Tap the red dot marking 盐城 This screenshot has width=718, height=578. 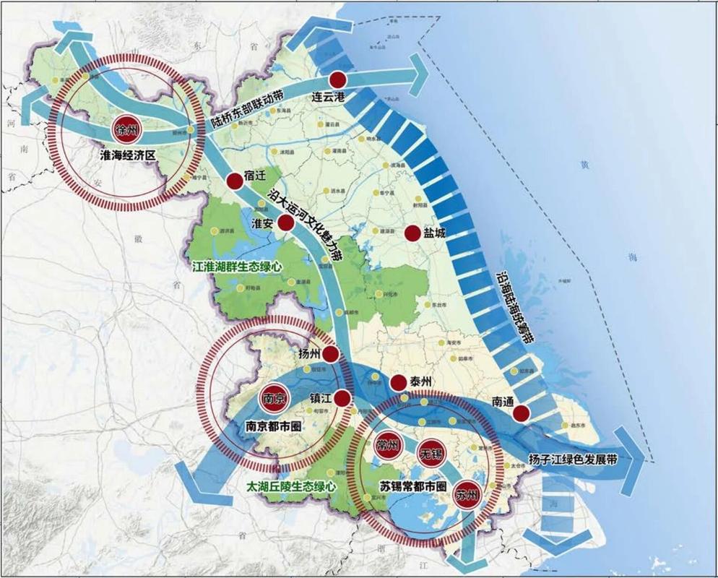click(x=412, y=233)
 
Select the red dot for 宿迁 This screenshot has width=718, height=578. click(x=233, y=181)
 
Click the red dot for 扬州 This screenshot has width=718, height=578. click(x=330, y=353)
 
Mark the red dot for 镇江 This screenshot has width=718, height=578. click(x=342, y=397)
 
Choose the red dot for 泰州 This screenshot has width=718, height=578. click(x=398, y=382)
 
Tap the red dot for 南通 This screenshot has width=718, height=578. click(x=521, y=413)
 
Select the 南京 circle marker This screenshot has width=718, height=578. click(x=274, y=398)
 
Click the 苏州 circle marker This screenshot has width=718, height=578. click(x=466, y=496)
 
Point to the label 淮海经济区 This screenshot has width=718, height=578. click(x=129, y=155)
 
